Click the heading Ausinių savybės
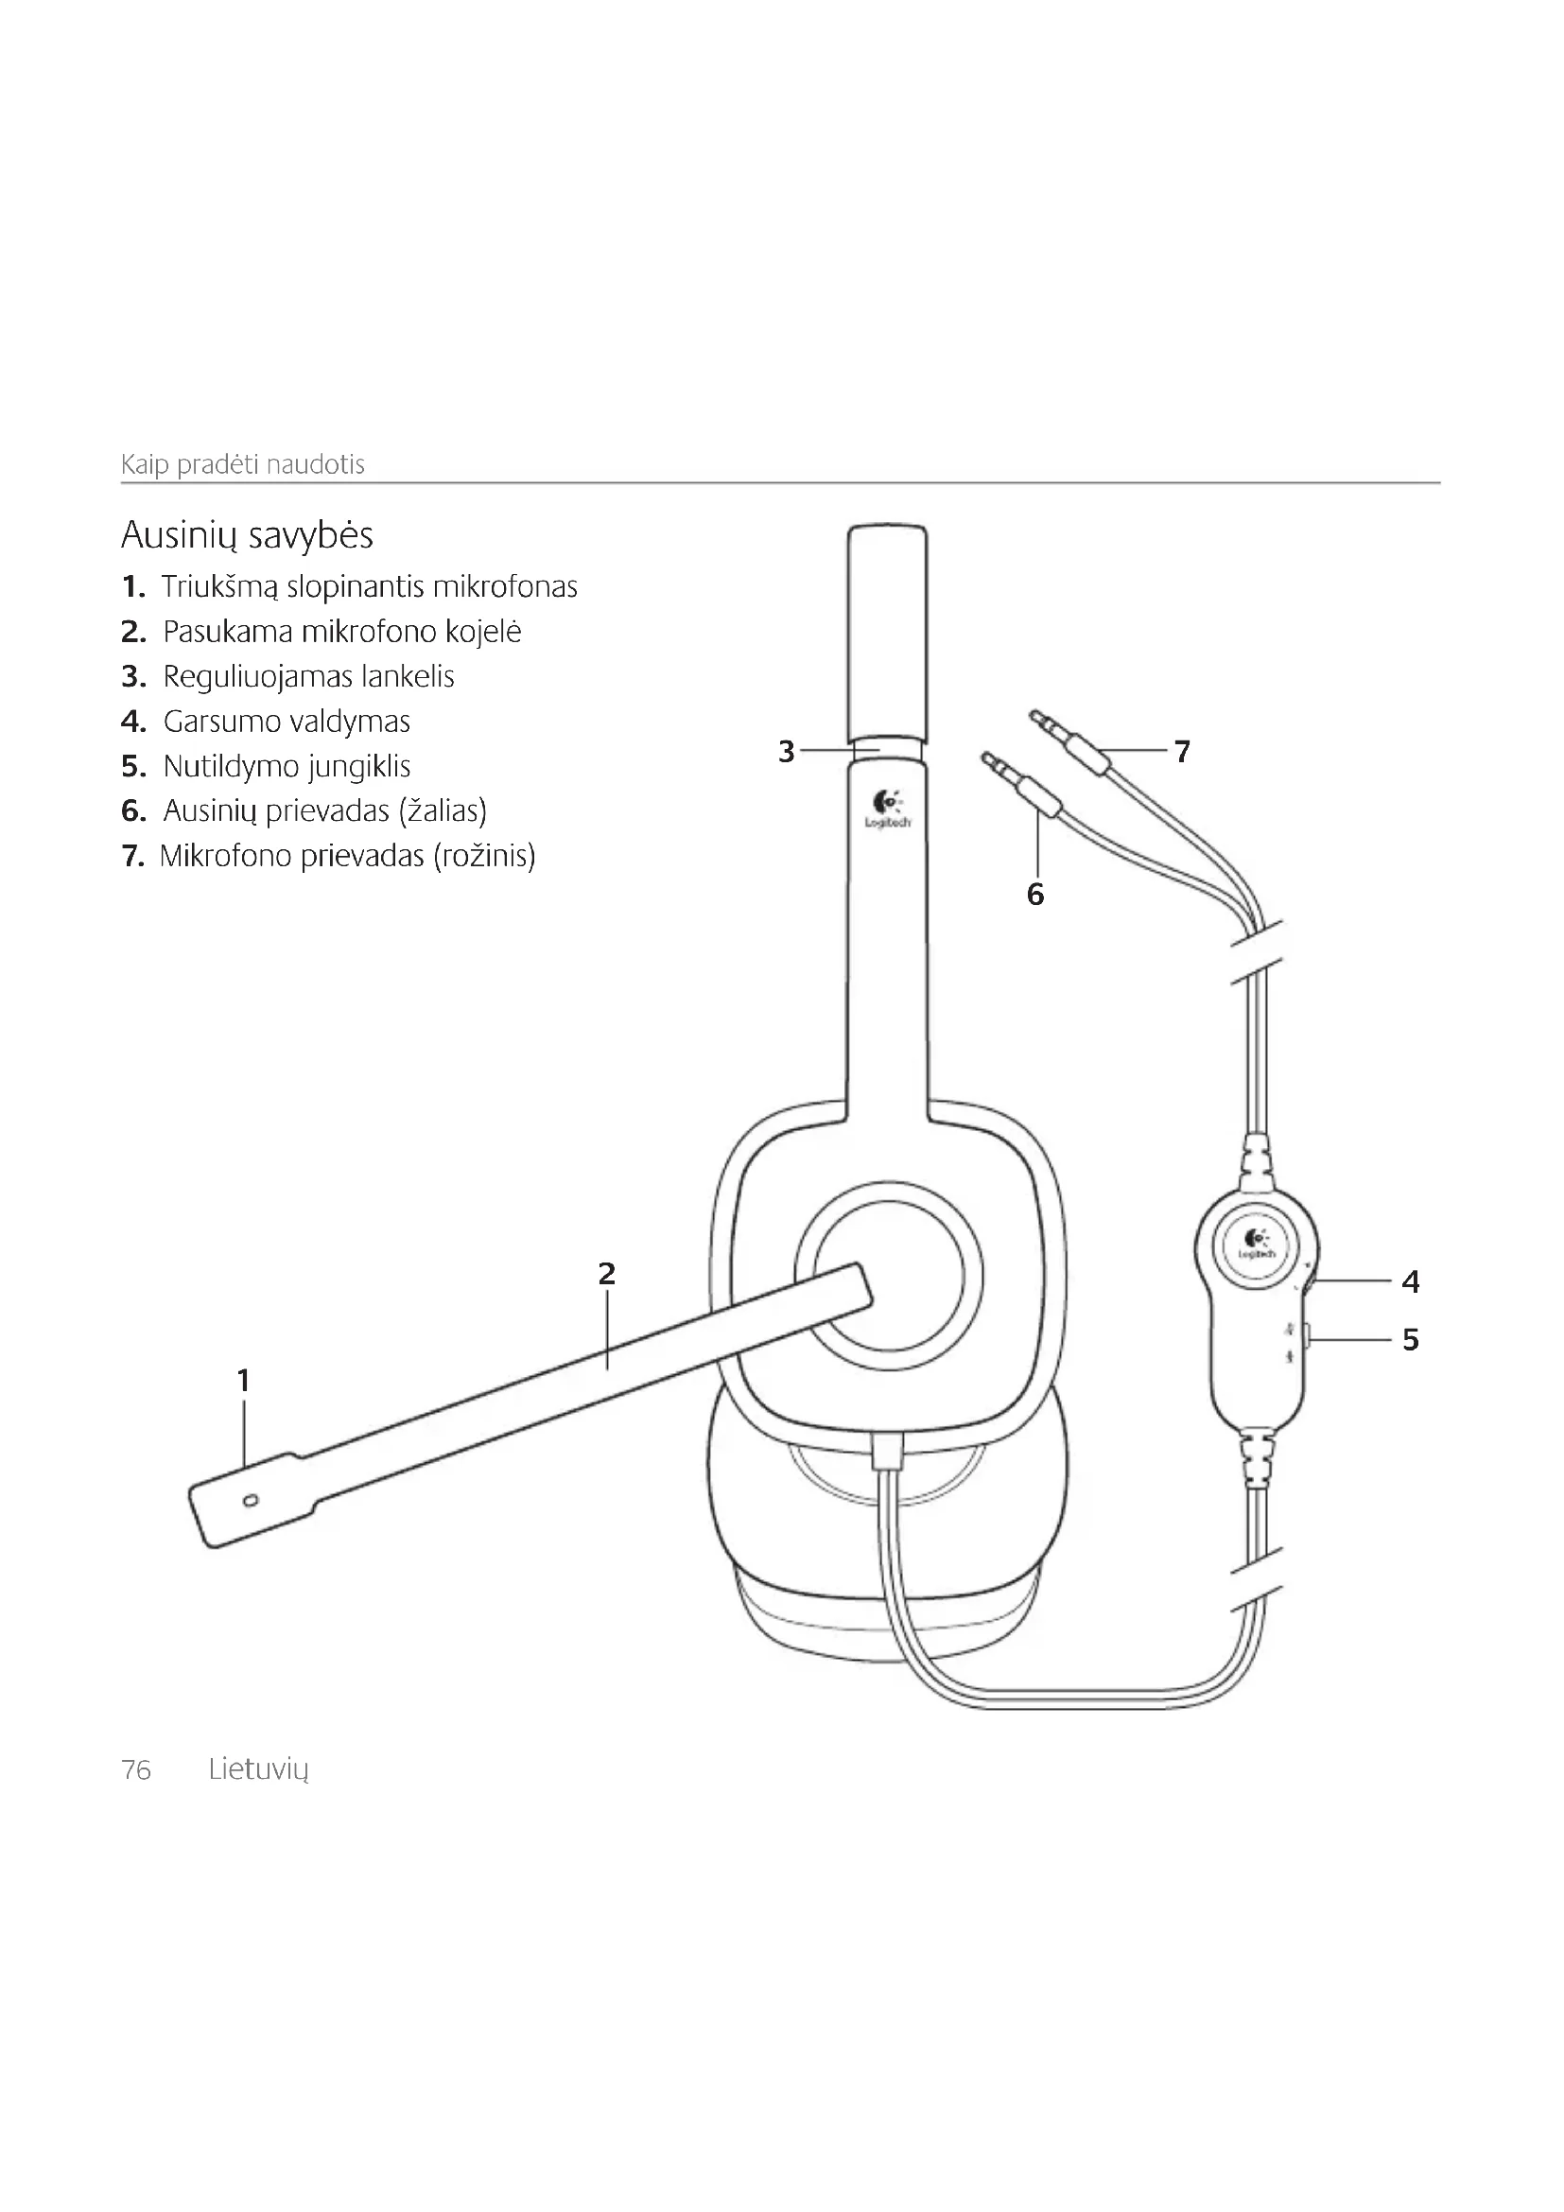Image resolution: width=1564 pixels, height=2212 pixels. [247, 534]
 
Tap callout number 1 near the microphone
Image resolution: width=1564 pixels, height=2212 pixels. [244, 1381]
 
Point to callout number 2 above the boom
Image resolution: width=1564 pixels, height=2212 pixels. [606, 1274]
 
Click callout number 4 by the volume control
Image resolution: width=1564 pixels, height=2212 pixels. [1410, 1281]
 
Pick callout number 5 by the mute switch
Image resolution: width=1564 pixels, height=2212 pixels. [1410, 1339]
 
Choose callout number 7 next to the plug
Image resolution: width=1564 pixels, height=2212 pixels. [1183, 751]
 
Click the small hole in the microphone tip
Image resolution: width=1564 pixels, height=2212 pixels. [251, 1500]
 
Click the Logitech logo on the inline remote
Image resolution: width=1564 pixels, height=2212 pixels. [1256, 1245]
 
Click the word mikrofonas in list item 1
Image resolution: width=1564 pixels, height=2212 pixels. [505, 586]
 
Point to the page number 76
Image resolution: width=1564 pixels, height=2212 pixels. [136, 1770]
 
